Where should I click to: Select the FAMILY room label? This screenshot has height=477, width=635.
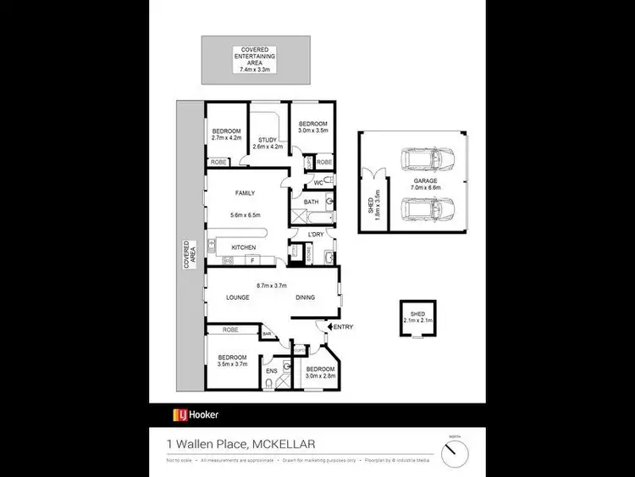click(245, 193)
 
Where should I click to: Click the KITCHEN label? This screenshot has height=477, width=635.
click(244, 247)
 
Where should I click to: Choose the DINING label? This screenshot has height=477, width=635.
click(305, 297)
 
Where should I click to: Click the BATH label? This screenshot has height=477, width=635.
click(311, 202)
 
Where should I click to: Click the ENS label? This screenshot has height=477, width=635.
click(271, 370)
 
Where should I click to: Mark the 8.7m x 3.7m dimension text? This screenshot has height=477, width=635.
click(272, 286)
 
